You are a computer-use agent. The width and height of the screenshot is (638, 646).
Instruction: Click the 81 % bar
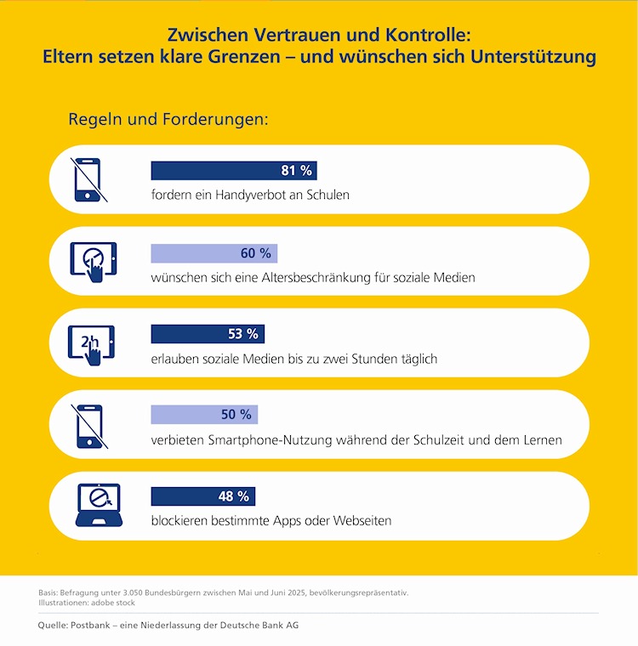234,170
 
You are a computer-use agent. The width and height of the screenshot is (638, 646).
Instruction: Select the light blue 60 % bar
214,253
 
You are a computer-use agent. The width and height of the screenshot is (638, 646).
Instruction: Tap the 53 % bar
208,334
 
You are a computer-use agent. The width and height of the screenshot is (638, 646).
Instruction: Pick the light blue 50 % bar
204,415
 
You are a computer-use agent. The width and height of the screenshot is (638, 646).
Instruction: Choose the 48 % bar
202,496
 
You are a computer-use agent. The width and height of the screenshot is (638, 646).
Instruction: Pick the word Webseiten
362,521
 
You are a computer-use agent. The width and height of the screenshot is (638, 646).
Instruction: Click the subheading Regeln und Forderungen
168,120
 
